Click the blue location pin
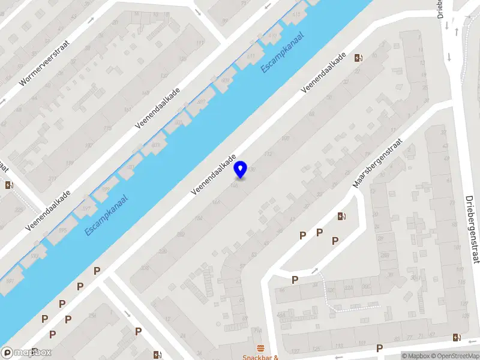(241, 169)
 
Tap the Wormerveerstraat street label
(45, 62)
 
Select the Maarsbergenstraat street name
(376, 164)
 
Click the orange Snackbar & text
(260, 357)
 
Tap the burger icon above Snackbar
(260, 348)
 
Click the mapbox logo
(26, 353)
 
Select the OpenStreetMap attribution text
(453, 356)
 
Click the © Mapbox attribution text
(415, 356)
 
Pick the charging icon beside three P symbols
(341, 217)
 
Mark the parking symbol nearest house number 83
(379, 348)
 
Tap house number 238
(144, 268)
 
